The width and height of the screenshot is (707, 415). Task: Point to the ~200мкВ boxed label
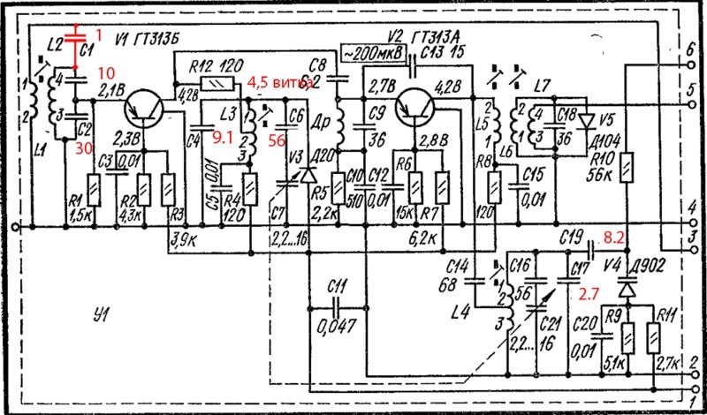click(372, 51)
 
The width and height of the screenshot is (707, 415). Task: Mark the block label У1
click(103, 314)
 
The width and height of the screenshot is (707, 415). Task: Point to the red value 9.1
click(224, 136)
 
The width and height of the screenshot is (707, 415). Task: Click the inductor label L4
click(460, 313)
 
